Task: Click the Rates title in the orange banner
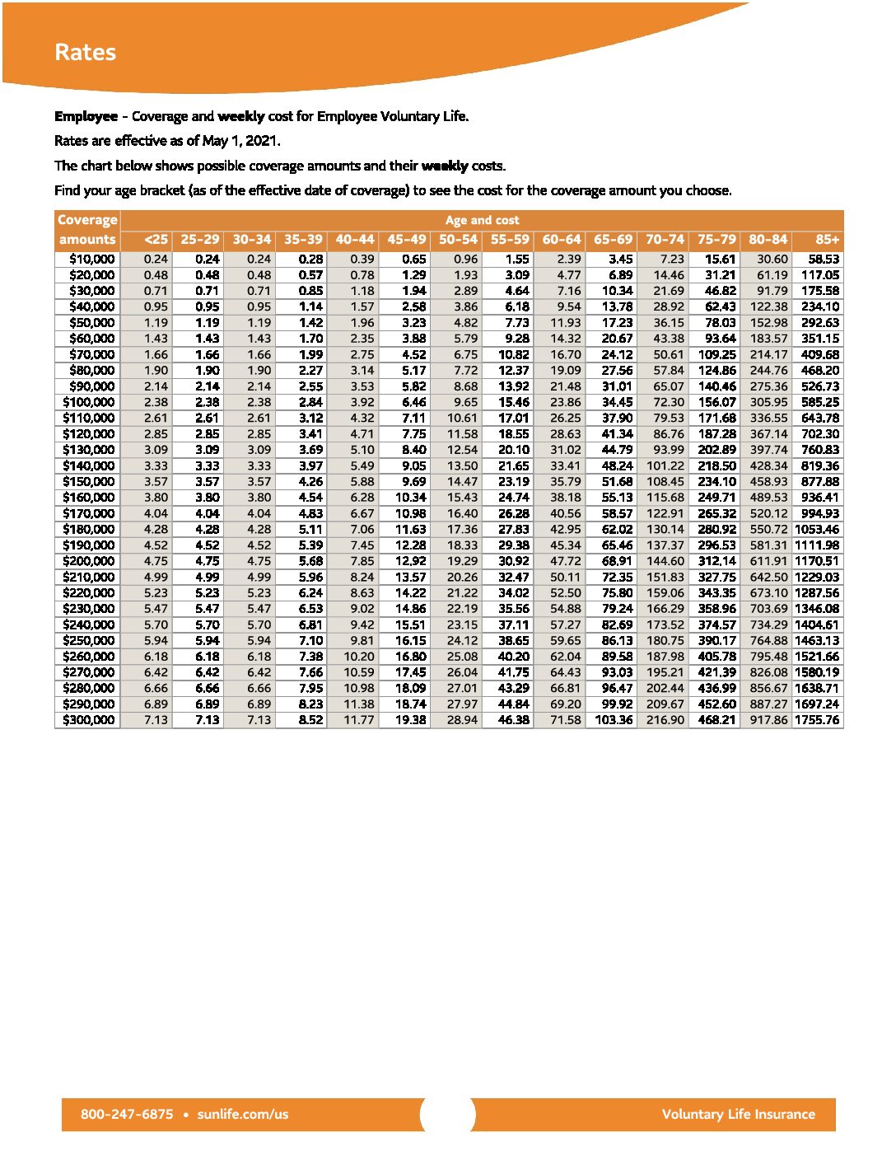pyautogui.click(x=85, y=52)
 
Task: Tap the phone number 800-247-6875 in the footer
pyautogui.click(x=127, y=1114)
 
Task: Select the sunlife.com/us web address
pyautogui.click(x=243, y=1114)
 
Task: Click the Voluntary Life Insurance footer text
pyautogui.click(x=738, y=1114)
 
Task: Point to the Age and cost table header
pyautogui.click(x=482, y=220)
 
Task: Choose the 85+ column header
pyautogui.click(x=827, y=239)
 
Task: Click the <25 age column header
pyautogui.click(x=156, y=239)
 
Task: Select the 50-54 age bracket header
pyautogui.click(x=458, y=239)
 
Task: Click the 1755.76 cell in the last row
pyautogui.click(x=817, y=720)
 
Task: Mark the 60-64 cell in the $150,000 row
pyautogui.click(x=566, y=481)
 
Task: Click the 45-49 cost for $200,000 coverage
pyautogui.click(x=411, y=561)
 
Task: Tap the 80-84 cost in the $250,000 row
pyautogui.click(x=768, y=640)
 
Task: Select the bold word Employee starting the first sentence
pyautogui.click(x=86, y=116)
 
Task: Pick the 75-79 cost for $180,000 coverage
pyautogui.click(x=716, y=529)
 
